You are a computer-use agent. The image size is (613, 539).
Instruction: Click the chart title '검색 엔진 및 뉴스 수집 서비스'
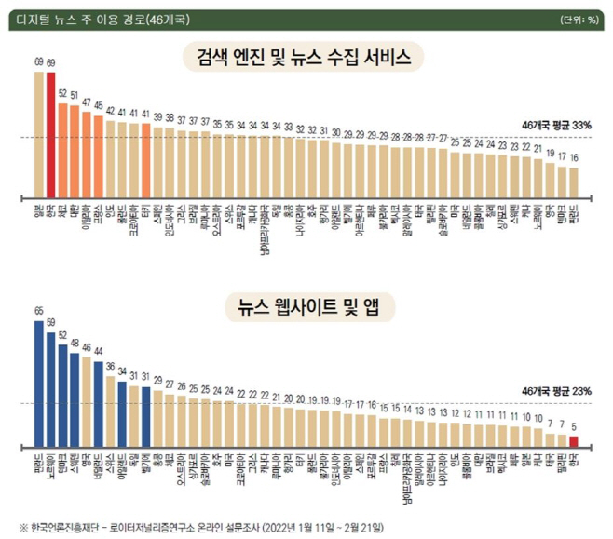click(x=305, y=57)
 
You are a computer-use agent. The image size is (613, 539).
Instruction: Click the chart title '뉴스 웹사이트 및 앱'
click(x=305, y=305)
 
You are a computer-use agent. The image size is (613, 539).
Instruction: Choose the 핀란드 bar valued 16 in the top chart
click(x=574, y=182)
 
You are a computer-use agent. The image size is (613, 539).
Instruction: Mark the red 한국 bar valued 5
click(x=574, y=441)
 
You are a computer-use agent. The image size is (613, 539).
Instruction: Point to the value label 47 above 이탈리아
click(x=87, y=103)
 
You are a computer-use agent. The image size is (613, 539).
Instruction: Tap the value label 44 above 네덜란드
click(x=99, y=350)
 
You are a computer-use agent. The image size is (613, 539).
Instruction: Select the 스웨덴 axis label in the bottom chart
click(x=75, y=463)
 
